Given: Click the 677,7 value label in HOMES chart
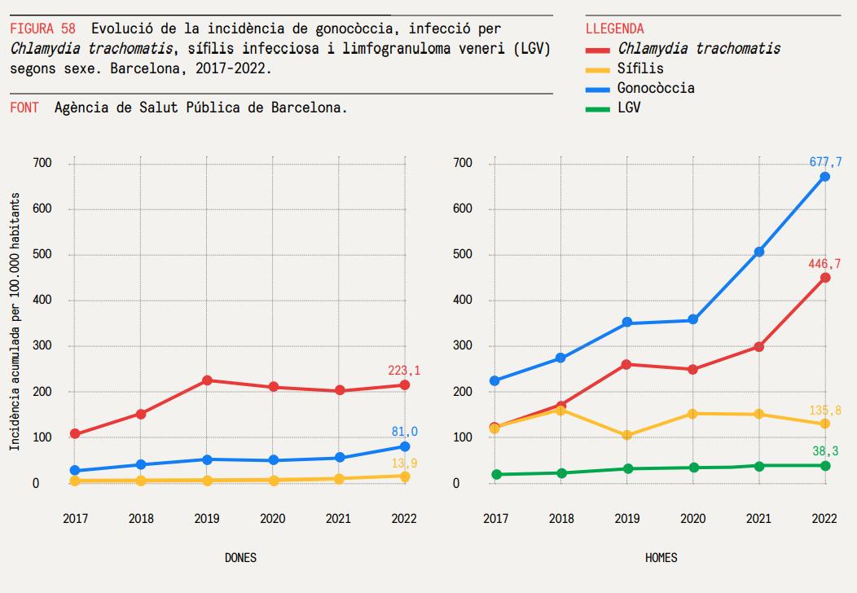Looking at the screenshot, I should tap(824, 162).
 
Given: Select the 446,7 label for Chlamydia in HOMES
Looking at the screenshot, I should tap(824, 263).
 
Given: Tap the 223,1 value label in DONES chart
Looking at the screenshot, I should tap(404, 371).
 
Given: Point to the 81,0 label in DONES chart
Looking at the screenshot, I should tap(404, 432).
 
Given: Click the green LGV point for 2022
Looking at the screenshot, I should tap(824, 465).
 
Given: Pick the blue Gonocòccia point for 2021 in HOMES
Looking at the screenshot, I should tap(759, 252).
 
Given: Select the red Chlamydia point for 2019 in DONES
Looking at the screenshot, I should tap(207, 380).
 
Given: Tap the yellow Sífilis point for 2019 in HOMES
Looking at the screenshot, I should tap(626, 435).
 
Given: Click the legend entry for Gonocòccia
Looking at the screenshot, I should tap(655, 88).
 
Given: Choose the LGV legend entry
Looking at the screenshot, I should tap(628, 108).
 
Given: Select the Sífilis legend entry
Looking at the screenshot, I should tap(639, 68).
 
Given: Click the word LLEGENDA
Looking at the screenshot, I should tap(614, 29).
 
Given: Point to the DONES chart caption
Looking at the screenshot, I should tap(240, 558).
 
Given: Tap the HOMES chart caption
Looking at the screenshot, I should tap(661, 558).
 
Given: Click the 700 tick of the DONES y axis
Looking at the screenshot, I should tap(42, 163).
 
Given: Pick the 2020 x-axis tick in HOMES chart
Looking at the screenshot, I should tap(692, 518).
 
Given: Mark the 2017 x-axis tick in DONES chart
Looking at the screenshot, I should tap(76, 518).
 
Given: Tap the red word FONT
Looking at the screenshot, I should tap(24, 108).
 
